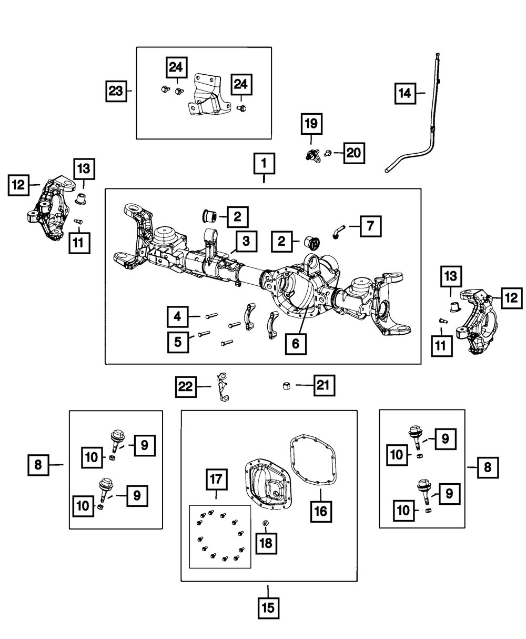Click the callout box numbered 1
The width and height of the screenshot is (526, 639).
click(x=264, y=165)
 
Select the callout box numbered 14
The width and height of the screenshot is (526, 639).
click(x=404, y=94)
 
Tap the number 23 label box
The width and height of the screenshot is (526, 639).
click(x=115, y=91)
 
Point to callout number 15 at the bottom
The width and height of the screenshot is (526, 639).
click(x=268, y=608)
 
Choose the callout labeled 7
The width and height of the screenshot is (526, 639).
click(x=371, y=227)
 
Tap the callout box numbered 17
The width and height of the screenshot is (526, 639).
click(x=217, y=481)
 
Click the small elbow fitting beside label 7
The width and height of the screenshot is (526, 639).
click(x=338, y=232)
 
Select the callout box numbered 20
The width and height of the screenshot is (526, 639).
click(x=353, y=154)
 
